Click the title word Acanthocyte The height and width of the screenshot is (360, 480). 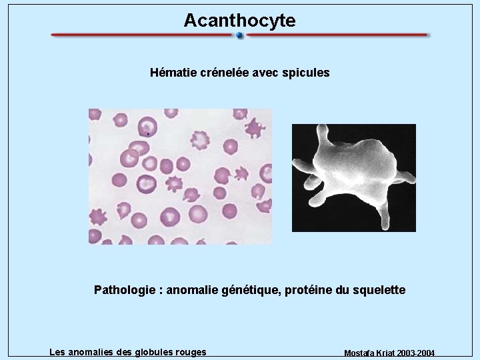tap(239, 21)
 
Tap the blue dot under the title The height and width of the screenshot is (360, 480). tap(240, 36)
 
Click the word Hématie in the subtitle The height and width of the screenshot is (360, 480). tap(173, 73)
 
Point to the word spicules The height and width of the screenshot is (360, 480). tap(305, 73)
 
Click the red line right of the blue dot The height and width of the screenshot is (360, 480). tap(337, 35)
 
